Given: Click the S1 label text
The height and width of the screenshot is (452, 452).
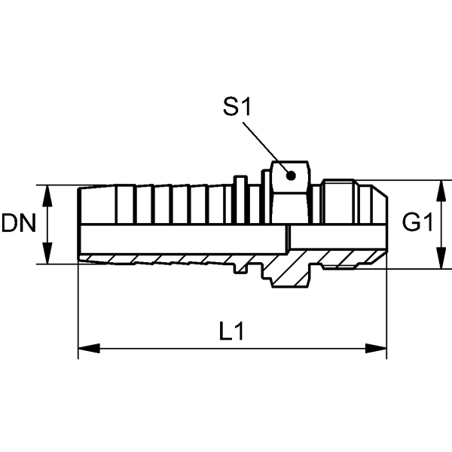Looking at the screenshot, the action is coord(237,107).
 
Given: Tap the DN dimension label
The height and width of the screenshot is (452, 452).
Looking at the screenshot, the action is coord(19,223).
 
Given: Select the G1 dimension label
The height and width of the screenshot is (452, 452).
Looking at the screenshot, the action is coord(417,222).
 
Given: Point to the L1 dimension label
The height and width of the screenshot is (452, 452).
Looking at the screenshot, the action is coord(231,331).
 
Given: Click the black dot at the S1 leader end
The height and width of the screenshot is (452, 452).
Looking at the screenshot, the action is coord(291,176).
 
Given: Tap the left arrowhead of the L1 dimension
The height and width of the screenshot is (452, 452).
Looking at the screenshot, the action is coord(89,348).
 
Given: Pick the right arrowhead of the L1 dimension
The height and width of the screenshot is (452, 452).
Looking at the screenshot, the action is coord(376,348).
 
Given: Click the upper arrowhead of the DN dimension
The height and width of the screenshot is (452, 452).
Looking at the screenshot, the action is coord(47,196).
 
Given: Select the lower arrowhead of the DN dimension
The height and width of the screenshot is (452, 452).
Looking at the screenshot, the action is coord(47,253).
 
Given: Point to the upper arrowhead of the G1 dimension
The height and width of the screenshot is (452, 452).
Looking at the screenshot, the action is coord(441,191).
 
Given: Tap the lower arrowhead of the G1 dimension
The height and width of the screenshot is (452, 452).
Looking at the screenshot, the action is coord(441,258).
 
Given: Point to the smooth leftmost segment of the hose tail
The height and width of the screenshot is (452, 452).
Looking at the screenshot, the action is coord(97,205).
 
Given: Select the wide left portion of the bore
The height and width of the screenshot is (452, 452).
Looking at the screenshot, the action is coord(183,240).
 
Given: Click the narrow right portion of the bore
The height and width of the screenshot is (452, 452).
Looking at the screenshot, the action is coord(338,237).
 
